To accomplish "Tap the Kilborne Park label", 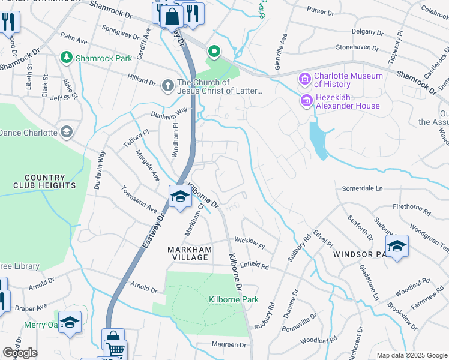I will coord(234,299).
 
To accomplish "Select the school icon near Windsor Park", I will coord(396,247).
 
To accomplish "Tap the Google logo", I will coord(20,353).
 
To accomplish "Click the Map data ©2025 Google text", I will coord(412,355).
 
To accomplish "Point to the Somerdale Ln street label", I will coord(362,188).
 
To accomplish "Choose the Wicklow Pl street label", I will coord(249,242).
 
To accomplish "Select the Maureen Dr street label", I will coord(229,345).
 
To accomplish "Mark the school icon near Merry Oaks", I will coord(70,323).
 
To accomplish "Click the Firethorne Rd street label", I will coord(412,209).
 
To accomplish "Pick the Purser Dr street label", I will coord(321,11).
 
